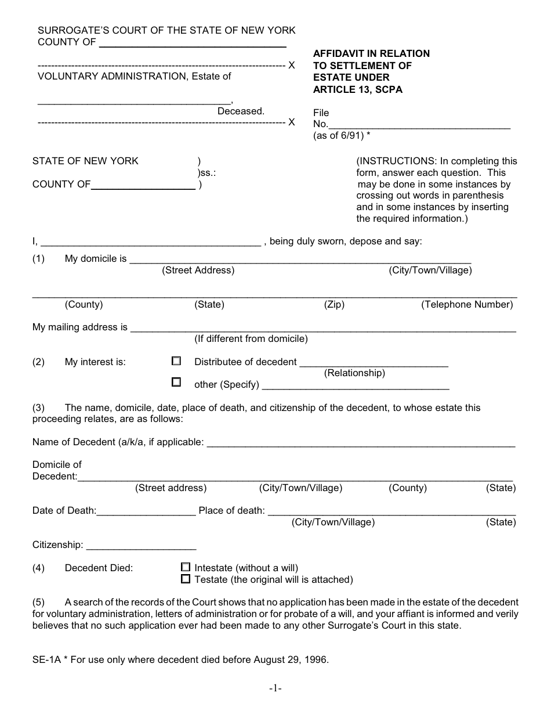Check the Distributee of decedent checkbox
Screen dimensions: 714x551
coord(176,361)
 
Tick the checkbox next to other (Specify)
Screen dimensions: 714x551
coord(176,383)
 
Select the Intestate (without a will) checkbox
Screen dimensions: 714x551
coord(186,567)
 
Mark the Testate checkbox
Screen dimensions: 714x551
coord(186,579)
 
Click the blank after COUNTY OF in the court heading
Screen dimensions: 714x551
coord(193,44)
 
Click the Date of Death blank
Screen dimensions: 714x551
coord(147,513)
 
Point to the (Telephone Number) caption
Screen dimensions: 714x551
coord(467,304)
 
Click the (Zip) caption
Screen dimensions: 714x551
coord(334,304)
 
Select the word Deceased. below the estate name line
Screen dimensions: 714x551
coord(241,111)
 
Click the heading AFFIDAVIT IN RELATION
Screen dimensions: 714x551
coord(371,53)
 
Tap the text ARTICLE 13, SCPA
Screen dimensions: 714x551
coord(357,89)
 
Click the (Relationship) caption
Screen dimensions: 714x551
coord(354,373)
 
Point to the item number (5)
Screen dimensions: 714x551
coord(38,602)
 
